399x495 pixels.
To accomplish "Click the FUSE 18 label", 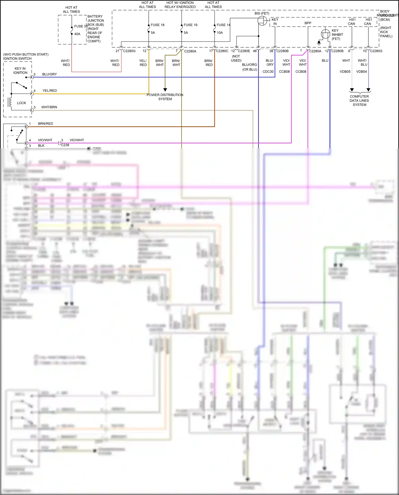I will tap(157, 25).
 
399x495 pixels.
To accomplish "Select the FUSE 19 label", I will tap(190, 25).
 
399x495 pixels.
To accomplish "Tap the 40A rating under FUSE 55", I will tap(77, 34).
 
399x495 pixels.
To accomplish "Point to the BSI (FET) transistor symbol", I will tap(262, 21).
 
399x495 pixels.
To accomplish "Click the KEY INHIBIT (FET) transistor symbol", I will tap(326, 34).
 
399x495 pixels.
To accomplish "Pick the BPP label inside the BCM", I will tap(308, 23).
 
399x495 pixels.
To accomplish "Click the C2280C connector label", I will tap(222, 51).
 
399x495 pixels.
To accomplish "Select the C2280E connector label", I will tap(244, 51).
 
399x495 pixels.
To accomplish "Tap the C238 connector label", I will tap(65, 145).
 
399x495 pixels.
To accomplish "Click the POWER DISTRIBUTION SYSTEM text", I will tap(165, 97).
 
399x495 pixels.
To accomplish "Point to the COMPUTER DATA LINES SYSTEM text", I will tap(359, 101).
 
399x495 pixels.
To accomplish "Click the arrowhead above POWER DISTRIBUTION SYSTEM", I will tap(165, 90).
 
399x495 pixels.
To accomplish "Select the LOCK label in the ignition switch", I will tap(22, 103).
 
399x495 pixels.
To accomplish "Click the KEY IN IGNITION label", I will tap(20, 70).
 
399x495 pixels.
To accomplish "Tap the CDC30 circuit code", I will tap(268, 72).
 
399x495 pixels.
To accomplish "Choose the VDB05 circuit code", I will tap(345, 72).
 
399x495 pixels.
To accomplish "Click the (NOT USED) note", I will tap(236, 58).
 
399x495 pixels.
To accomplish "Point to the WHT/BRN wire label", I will tap(49, 107).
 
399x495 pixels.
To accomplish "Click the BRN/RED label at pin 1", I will tap(45, 124).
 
